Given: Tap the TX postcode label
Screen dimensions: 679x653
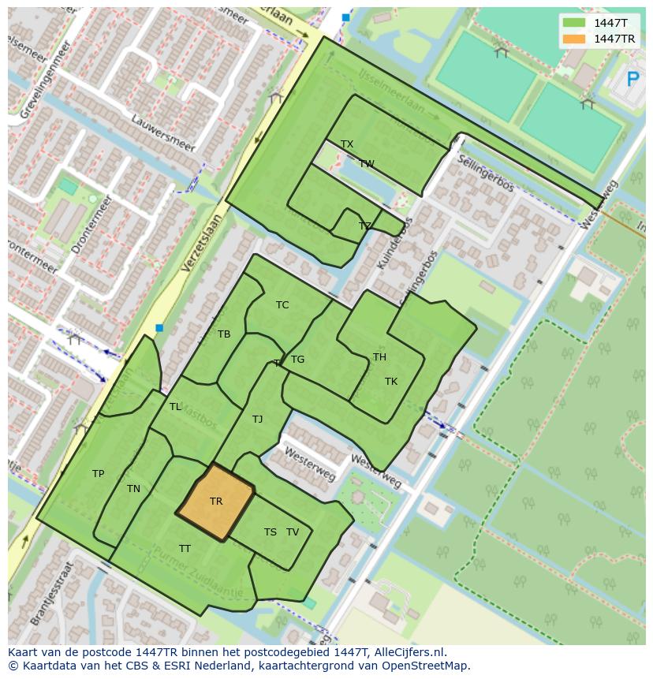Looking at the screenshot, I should pyautogui.click(x=347, y=144).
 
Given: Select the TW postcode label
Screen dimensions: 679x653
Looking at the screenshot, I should pyautogui.click(x=367, y=164).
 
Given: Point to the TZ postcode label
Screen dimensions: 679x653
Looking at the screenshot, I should pyautogui.click(x=364, y=226).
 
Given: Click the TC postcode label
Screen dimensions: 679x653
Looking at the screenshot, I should pyautogui.click(x=282, y=305).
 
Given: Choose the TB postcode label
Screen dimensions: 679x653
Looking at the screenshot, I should pyautogui.click(x=224, y=334).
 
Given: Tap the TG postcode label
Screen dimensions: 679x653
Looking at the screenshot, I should pyautogui.click(x=297, y=360).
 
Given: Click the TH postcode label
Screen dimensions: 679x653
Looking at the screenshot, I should pyautogui.click(x=379, y=357).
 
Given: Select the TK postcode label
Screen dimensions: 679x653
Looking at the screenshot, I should pyautogui.click(x=391, y=382).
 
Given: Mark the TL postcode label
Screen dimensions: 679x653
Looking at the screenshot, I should pyautogui.click(x=175, y=407).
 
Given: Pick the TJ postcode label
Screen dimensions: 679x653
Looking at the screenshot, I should pyautogui.click(x=257, y=420).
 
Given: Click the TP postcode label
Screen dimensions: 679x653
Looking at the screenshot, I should pyautogui.click(x=98, y=474).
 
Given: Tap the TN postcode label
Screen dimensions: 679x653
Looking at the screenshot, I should pyautogui.click(x=133, y=489).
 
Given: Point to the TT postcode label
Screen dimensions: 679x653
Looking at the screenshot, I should pyautogui.click(x=185, y=549).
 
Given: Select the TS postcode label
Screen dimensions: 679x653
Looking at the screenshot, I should pyautogui.click(x=270, y=532).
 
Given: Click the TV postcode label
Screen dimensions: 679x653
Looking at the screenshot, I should pyautogui.click(x=293, y=532).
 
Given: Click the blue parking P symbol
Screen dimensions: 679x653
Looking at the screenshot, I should pyautogui.click(x=632, y=80).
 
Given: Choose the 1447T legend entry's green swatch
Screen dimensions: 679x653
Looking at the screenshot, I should pyautogui.click(x=575, y=23).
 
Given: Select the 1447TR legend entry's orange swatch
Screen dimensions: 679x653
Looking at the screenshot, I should pyautogui.click(x=575, y=39).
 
